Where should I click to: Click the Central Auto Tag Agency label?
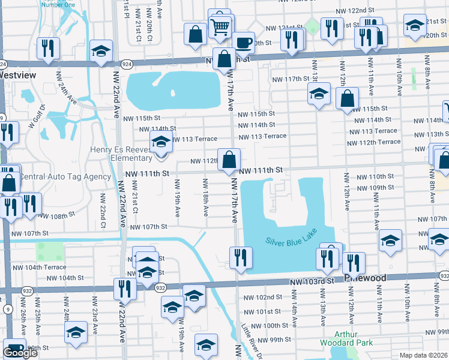65,176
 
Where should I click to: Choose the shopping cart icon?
220,26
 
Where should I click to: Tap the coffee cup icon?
243,43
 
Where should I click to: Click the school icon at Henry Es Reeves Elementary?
161,143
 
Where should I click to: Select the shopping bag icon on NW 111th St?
229,160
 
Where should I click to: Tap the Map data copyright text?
423,355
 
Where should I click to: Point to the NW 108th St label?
58,214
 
